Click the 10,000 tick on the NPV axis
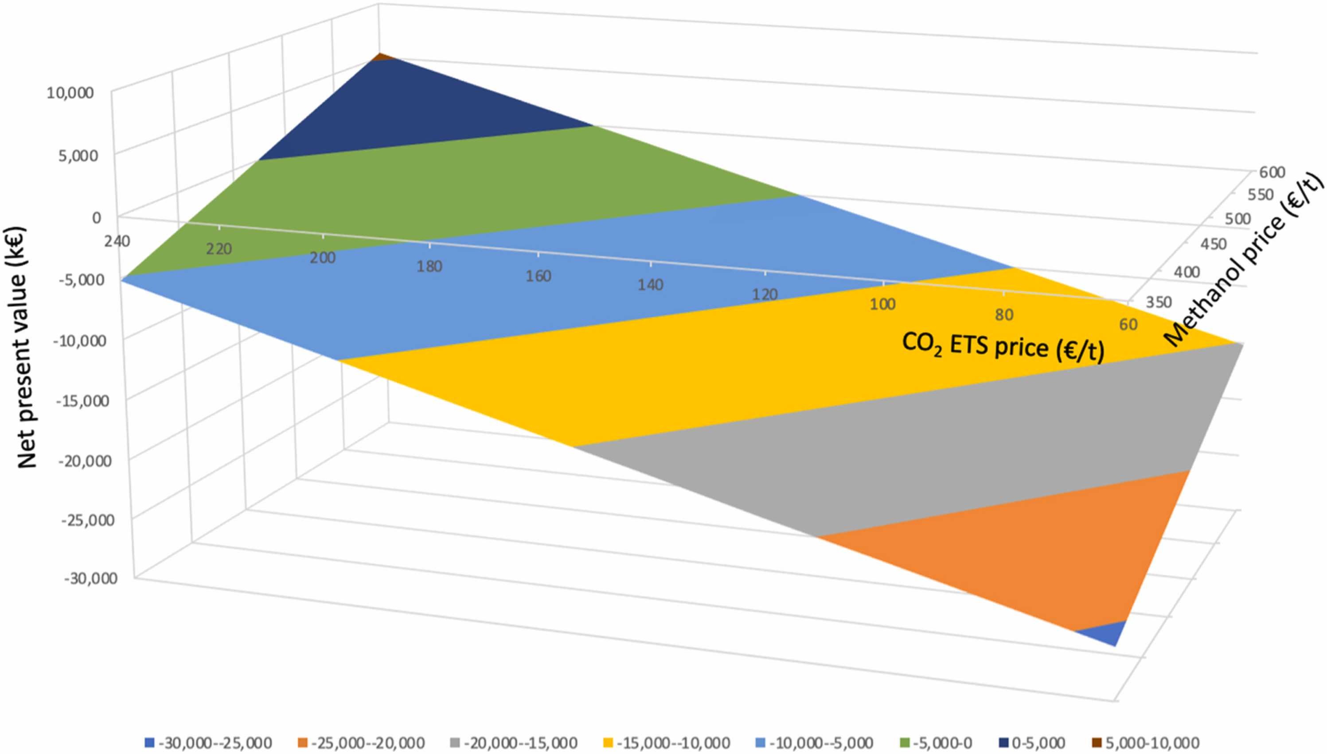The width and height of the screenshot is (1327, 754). click(70, 93)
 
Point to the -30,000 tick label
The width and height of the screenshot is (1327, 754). click(90, 578)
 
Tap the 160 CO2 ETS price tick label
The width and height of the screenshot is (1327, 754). click(539, 276)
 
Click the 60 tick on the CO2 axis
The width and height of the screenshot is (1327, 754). click(1128, 324)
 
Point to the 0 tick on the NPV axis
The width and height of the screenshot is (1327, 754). click(96, 218)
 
